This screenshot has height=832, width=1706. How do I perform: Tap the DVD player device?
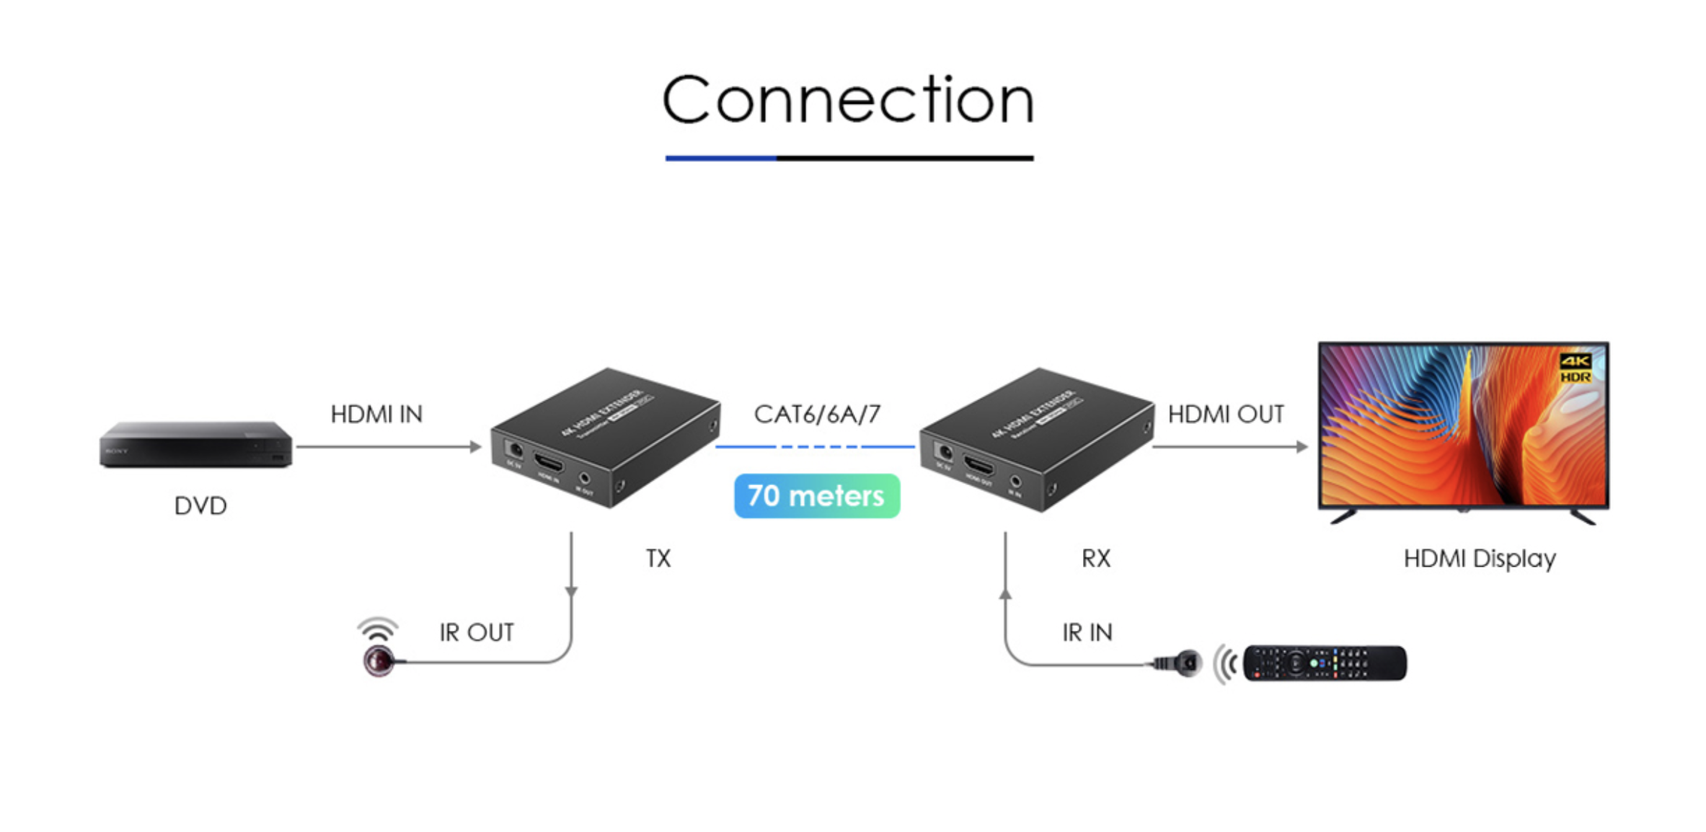(x=195, y=444)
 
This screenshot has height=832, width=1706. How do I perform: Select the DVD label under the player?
(x=200, y=506)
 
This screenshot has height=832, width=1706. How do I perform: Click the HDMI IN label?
(x=376, y=415)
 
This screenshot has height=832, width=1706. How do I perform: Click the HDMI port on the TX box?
(x=548, y=462)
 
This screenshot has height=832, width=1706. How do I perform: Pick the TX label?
(x=658, y=559)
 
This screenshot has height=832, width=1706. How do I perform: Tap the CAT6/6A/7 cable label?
(x=817, y=415)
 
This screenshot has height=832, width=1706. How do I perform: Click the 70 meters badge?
(x=816, y=496)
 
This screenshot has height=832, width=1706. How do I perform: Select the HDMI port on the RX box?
(x=978, y=465)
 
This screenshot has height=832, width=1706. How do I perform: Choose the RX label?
(x=1096, y=559)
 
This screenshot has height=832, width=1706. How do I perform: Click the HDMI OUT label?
(x=1226, y=415)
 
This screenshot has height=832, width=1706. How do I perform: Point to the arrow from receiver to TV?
(x=1229, y=447)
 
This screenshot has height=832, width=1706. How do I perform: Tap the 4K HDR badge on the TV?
(x=1575, y=368)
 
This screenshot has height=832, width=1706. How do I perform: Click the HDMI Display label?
(x=1480, y=559)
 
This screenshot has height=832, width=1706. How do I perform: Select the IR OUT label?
(x=477, y=633)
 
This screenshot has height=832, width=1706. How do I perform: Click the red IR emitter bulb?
(x=379, y=660)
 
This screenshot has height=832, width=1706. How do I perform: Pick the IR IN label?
(x=1087, y=633)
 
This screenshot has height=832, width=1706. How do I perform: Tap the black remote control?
(x=1325, y=663)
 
